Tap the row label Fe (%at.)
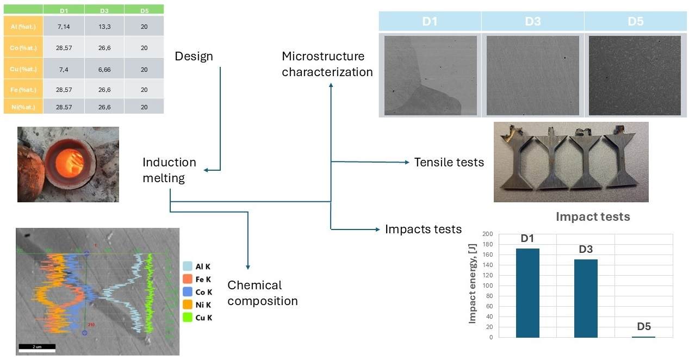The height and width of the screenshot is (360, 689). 23,90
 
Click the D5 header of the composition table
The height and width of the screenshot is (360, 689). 144,10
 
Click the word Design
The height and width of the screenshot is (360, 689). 194,57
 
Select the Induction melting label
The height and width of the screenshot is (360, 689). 169,170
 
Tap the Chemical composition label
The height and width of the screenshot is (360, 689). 262,293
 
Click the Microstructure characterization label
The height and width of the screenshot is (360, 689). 327,64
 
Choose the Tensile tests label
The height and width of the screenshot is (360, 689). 449,162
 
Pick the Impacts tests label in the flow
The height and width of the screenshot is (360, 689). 423,229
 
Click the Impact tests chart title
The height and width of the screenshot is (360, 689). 592,217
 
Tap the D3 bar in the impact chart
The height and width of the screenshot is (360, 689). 586,298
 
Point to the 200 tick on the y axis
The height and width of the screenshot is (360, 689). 487,234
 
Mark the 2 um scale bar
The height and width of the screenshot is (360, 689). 34,346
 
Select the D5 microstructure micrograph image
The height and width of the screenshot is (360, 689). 635,76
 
